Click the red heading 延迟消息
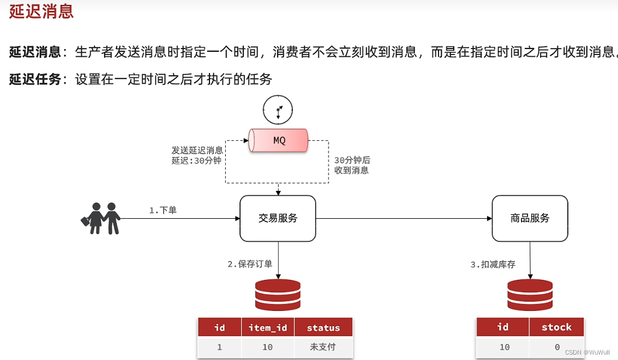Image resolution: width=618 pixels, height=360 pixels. [41, 11]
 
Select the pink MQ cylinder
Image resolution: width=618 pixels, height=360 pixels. [278, 140]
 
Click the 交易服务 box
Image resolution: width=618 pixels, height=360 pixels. [278, 218]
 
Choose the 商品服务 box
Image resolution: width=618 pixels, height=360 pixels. [530, 218]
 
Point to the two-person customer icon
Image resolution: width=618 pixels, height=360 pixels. [101, 218]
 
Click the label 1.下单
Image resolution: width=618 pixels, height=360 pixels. [163, 210]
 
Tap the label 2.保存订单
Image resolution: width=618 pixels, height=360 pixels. [250, 264]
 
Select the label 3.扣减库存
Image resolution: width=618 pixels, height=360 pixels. [493, 264]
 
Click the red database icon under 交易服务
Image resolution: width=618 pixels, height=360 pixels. [278, 295]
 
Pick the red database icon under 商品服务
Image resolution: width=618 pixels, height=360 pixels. [530, 295]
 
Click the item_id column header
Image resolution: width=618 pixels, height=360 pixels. [267, 328]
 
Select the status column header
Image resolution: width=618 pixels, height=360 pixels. [323, 328]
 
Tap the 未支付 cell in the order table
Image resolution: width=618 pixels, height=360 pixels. [323, 347]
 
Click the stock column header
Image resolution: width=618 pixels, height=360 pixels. [556, 327]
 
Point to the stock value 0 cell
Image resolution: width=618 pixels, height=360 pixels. [556, 347]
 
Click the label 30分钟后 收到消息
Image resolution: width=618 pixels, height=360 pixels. [352, 165]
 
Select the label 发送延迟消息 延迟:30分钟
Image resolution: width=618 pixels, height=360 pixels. [197, 155]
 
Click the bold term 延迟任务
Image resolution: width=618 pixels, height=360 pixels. [35, 79]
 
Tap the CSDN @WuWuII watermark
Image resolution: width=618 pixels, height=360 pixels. [587, 352]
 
